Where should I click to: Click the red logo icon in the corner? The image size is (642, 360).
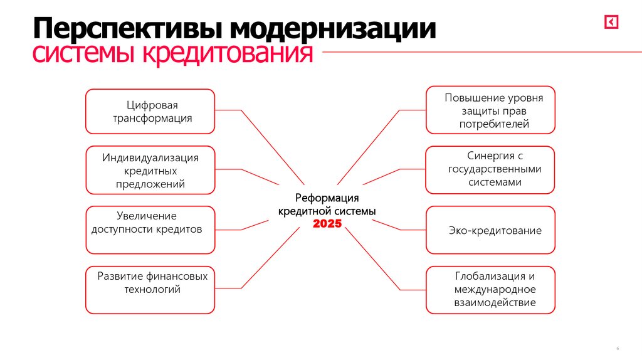(611, 22)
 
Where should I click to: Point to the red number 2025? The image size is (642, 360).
(327, 223)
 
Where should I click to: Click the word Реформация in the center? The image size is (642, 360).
(327, 199)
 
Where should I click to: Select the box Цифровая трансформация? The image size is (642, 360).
(150, 111)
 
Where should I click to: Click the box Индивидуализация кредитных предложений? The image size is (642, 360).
(150, 170)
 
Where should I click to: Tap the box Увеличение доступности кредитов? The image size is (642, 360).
(150, 230)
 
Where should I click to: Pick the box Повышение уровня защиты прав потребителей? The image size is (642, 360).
(490, 110)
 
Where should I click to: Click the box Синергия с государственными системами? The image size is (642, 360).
(490, 170)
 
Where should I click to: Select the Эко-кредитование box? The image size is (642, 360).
(490, 230)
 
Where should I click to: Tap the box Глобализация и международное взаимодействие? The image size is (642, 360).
(490, 290)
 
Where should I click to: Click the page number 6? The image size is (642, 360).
(618, 348)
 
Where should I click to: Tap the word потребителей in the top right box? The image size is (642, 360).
(494, 124)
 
